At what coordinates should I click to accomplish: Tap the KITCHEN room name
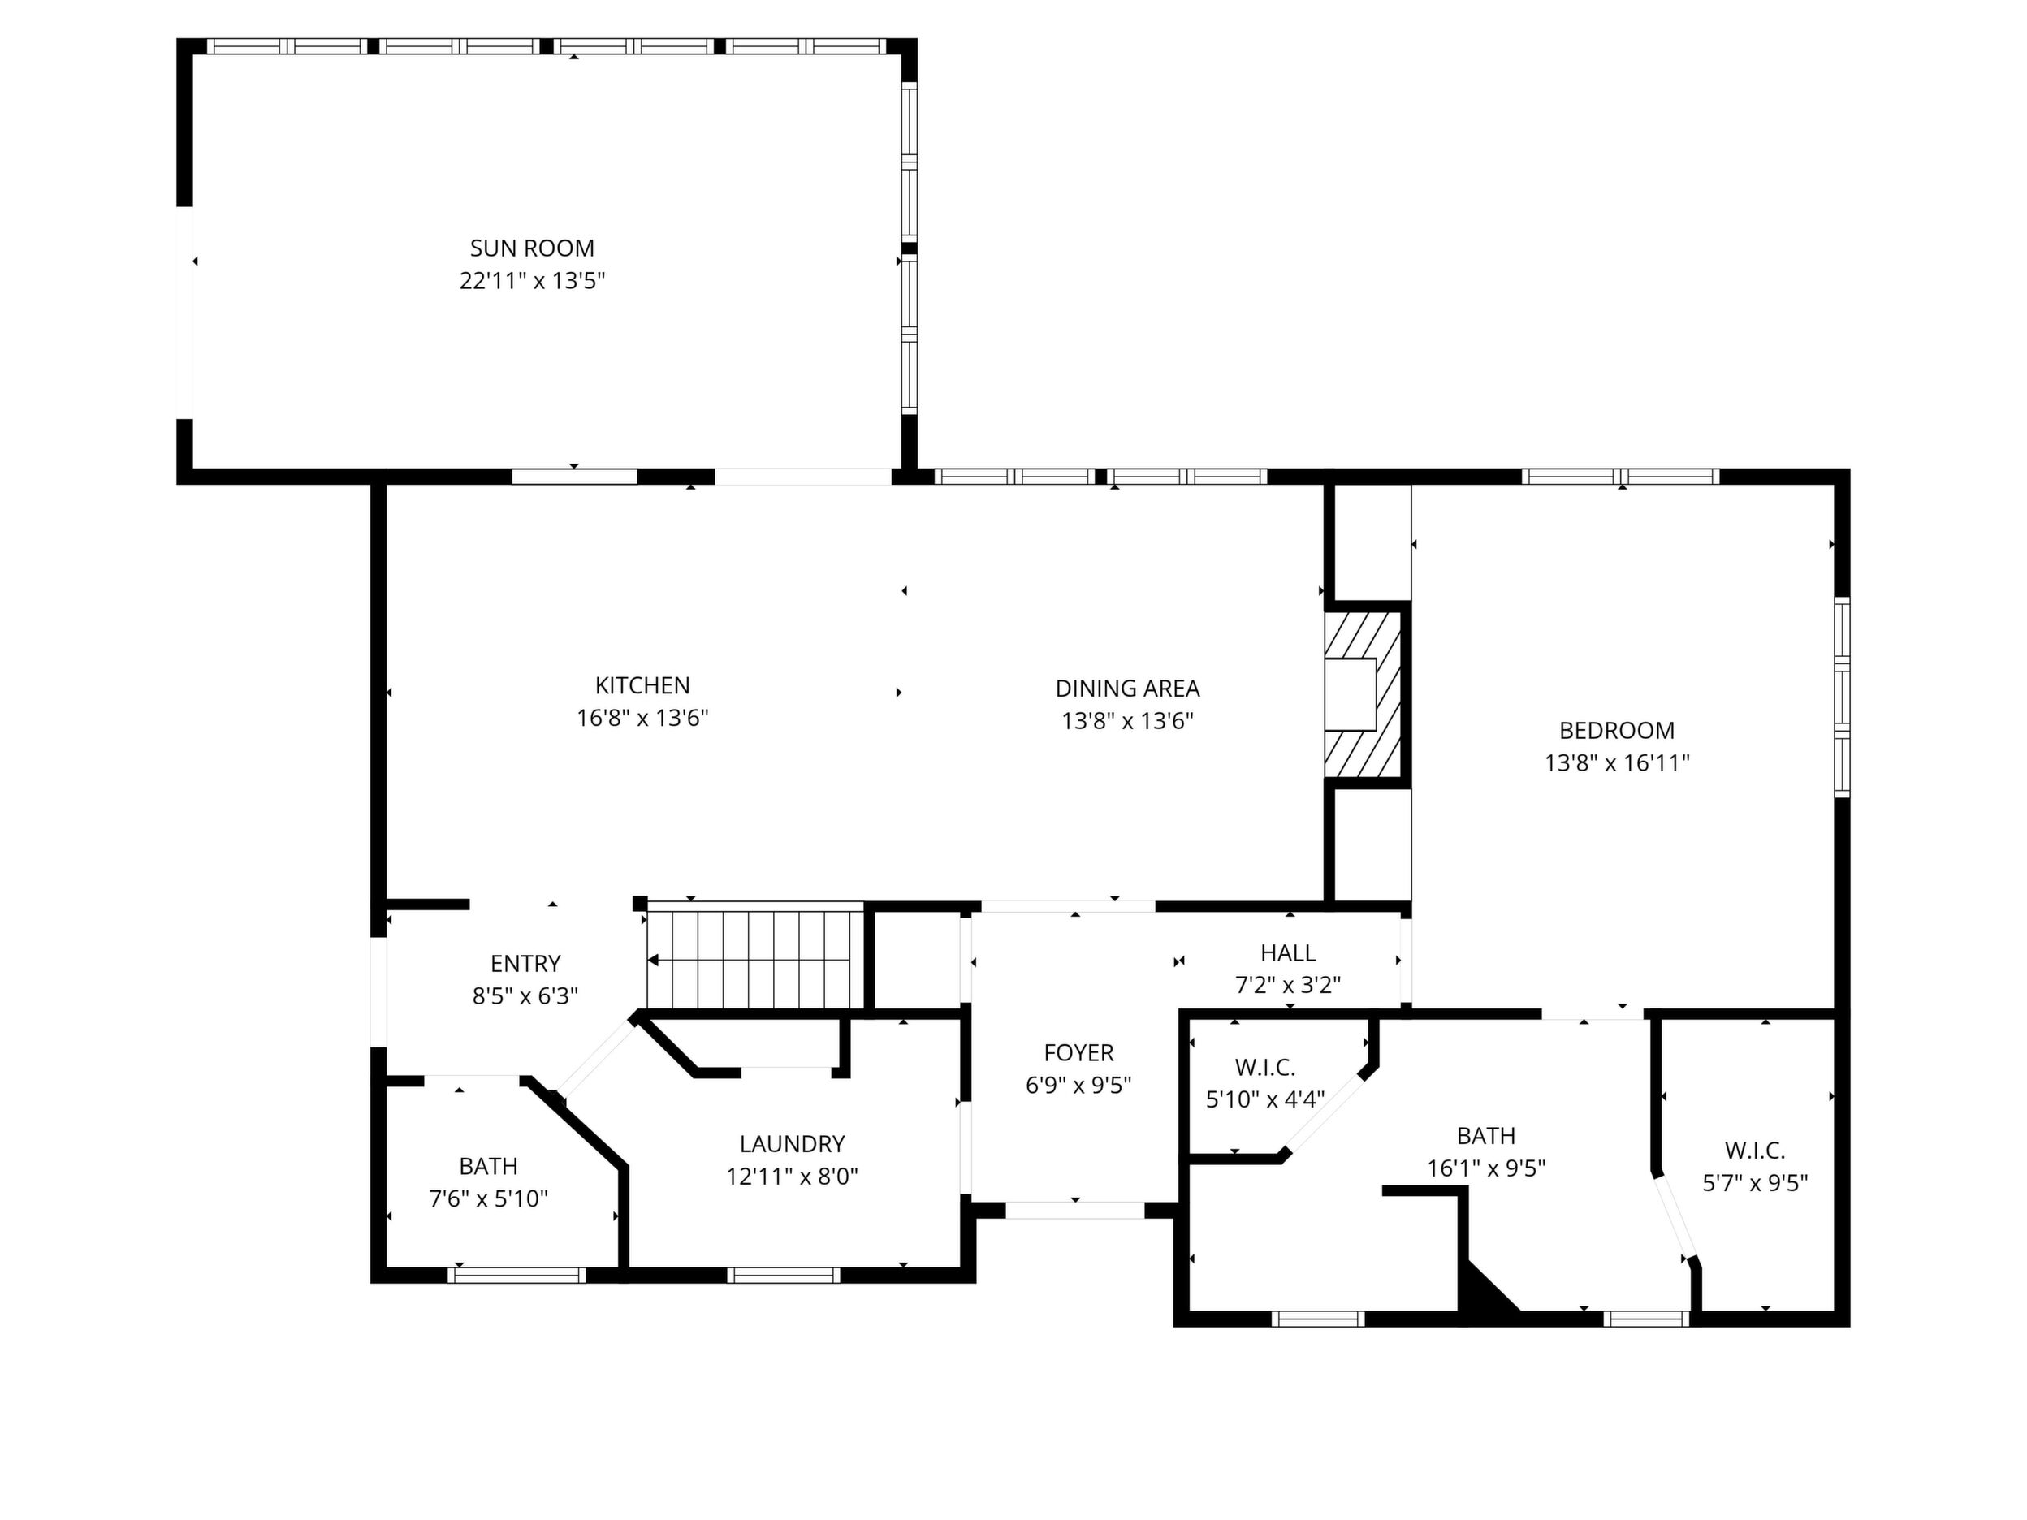point(642,685)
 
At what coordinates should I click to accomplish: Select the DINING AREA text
point(1127,688)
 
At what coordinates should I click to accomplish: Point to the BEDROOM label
point(1616,730)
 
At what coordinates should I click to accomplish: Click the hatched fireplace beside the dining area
point(1363,694)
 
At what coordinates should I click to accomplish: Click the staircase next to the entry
point(755,957)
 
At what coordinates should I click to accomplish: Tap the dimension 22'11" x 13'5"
point(533,280)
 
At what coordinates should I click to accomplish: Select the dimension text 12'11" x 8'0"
point(792,1177)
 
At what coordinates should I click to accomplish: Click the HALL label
point(1287,953)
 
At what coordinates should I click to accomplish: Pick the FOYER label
point(1078,1053)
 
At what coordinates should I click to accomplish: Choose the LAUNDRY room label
point(792,1143)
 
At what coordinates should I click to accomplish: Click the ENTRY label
point(525,963)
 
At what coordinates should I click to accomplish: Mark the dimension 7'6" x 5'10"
point(488,1198)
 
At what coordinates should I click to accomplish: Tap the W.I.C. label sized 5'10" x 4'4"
point(1264,1068)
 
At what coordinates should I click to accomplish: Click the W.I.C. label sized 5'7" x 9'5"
point(1755,1151)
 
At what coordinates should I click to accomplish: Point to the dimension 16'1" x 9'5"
point(1486,1168)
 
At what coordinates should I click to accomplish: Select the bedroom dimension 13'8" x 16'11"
point(1616,763)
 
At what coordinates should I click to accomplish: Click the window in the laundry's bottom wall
point(784,1275)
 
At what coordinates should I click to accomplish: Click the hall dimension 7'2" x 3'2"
point(1287,986)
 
